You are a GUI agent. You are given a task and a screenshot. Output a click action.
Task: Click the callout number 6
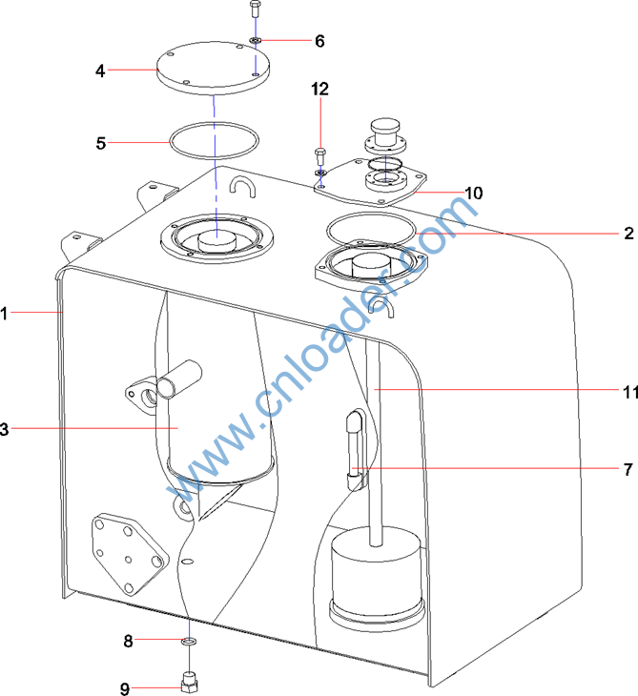(319, 41)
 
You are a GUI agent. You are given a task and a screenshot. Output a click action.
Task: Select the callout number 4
(100, 71)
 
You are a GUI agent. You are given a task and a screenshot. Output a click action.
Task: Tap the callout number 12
(319, 89)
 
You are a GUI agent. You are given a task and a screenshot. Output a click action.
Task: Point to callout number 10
(473, 193)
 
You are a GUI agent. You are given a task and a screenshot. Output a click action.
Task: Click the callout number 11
(630, 392)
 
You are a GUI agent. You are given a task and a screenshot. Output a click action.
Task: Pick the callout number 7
(628, 469)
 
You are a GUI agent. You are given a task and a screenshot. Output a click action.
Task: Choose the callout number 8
(128, 641)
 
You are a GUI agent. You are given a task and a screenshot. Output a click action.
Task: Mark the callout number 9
(125, 688)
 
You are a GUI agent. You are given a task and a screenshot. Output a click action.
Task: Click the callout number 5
(101, 143)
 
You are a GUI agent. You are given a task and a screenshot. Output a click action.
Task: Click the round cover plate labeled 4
(214, 69)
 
